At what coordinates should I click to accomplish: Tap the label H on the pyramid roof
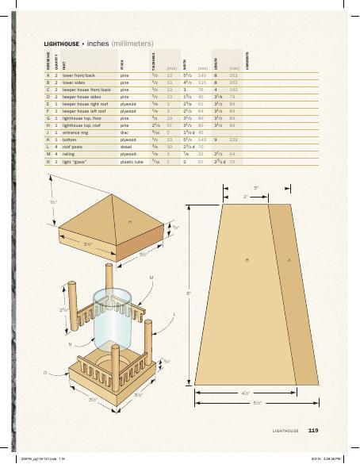(130, 220)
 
